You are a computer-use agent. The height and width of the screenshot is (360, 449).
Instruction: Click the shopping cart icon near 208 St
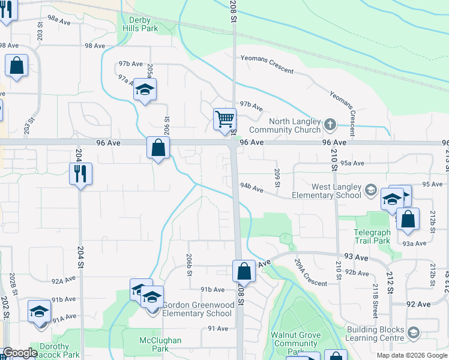(224, 118)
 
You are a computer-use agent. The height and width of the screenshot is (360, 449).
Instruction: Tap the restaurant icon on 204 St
(80, 173)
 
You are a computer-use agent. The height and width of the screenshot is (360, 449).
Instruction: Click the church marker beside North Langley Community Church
(330, 125)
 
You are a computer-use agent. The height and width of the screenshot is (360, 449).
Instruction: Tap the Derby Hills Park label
(140, 23)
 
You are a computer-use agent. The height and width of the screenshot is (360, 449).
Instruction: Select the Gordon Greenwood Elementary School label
(197, 309)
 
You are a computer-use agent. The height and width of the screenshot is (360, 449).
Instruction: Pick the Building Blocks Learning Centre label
(375, 334)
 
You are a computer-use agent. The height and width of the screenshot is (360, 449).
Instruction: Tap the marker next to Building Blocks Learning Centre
(414, 332)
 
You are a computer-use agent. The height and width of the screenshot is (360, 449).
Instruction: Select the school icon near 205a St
(145, 89)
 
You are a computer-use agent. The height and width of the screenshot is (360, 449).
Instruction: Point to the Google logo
(20, 353)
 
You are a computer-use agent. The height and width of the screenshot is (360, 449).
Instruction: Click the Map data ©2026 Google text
(412, 355)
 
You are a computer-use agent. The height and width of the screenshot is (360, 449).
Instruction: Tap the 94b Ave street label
(252, 188)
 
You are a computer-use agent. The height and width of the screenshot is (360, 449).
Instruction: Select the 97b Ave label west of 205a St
(130, 64)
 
